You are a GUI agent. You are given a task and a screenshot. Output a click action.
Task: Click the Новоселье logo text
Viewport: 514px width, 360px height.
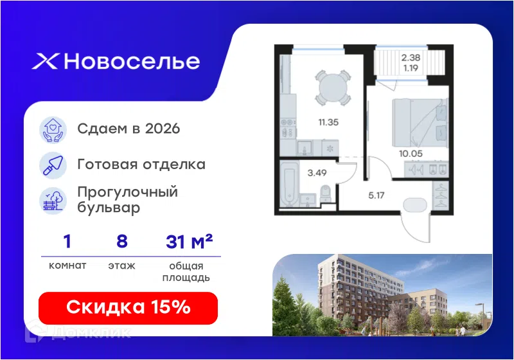click(x=132, y=61)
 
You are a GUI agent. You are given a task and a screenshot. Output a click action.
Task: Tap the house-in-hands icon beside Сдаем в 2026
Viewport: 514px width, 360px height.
click(x=53, y=130)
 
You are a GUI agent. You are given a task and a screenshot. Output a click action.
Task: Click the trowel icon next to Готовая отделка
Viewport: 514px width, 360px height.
click(x=53, y=165)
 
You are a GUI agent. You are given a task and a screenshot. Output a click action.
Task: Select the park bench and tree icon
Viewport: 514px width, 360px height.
click(x=53, y=201)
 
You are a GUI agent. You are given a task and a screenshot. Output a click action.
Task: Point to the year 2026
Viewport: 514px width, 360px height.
click(x=163, y=129)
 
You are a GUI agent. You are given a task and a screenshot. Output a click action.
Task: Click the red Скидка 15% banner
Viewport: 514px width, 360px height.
click(x=128, y=308)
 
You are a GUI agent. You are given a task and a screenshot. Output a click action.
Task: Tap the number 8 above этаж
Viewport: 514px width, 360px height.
click(x=122, y=241)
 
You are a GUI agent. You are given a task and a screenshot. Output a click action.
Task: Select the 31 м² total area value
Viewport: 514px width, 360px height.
click(x=189, y=242)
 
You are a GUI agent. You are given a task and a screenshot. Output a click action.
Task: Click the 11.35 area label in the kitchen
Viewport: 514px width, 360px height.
click(x=328, y=122)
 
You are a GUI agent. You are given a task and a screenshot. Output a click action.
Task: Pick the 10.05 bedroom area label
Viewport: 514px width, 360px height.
click(x=411, y=154)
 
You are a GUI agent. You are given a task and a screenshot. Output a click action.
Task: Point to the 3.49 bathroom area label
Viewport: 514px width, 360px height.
click(x=317, y=173)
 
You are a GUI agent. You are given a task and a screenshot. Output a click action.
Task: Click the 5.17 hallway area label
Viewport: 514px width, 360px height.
click(x=377, y=195)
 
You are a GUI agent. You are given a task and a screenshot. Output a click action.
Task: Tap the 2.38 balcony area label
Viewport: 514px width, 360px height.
click(x=411, y=58)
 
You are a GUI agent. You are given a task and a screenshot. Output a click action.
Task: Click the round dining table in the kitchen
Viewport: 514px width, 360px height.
click(x=333, y=87)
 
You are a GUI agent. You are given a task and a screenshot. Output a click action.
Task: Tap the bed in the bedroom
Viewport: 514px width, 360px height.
click(x=420, y=123)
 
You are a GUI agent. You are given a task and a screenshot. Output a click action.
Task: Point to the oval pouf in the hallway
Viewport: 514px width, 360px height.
click(x=415, y=206)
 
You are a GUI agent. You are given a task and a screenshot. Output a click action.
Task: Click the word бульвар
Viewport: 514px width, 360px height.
click(x=109, y=208)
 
